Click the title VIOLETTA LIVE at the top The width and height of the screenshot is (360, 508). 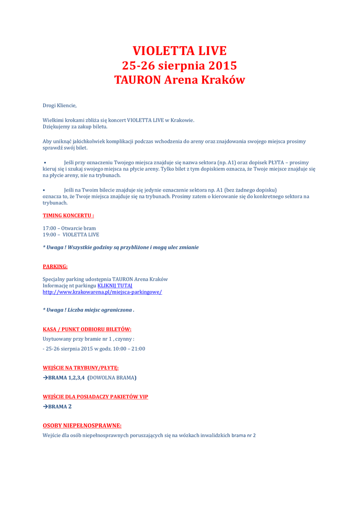coord(179,51)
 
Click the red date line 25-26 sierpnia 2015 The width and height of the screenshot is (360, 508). coord(179,65)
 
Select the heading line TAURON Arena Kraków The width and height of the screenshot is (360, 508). coord(179,80)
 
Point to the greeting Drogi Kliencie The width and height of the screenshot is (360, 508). coord(60,105)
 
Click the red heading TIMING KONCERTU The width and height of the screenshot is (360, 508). coord(68,216)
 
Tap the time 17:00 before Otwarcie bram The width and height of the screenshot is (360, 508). coord(49,228)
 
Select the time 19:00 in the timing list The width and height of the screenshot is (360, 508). coord(49,235)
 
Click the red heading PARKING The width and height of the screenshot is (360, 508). coord(55,266)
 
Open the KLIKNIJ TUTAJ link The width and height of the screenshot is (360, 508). coord(115,286)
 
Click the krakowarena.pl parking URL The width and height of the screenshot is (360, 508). coord(102,292)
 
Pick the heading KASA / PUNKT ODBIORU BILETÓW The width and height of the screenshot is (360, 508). coord(87,329)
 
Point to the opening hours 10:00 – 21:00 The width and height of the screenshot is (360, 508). coord(129,348)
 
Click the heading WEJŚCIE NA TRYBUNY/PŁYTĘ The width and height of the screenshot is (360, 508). coord(80,368)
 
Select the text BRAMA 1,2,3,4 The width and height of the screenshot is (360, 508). coord(66,378)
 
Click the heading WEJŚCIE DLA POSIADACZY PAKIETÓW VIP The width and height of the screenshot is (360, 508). coord(95,397)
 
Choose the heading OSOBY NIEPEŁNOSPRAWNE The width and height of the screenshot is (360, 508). coord(82,425)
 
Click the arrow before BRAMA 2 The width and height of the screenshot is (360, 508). coord(45,406)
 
